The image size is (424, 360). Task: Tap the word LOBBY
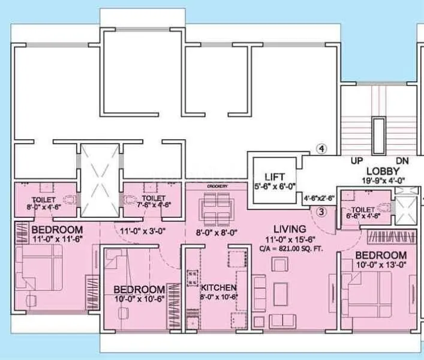click(x=380, y=170)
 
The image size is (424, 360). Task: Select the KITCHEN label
click(x=219, y=288)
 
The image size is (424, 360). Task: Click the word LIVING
click(x=290, y=229)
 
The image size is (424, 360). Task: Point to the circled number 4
click(x=322, y=149)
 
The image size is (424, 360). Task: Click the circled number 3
click(x=321, y=211)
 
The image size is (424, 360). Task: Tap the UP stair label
click(x=357, y=161)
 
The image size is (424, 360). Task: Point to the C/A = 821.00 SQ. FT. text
click(x=291, y=248)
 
